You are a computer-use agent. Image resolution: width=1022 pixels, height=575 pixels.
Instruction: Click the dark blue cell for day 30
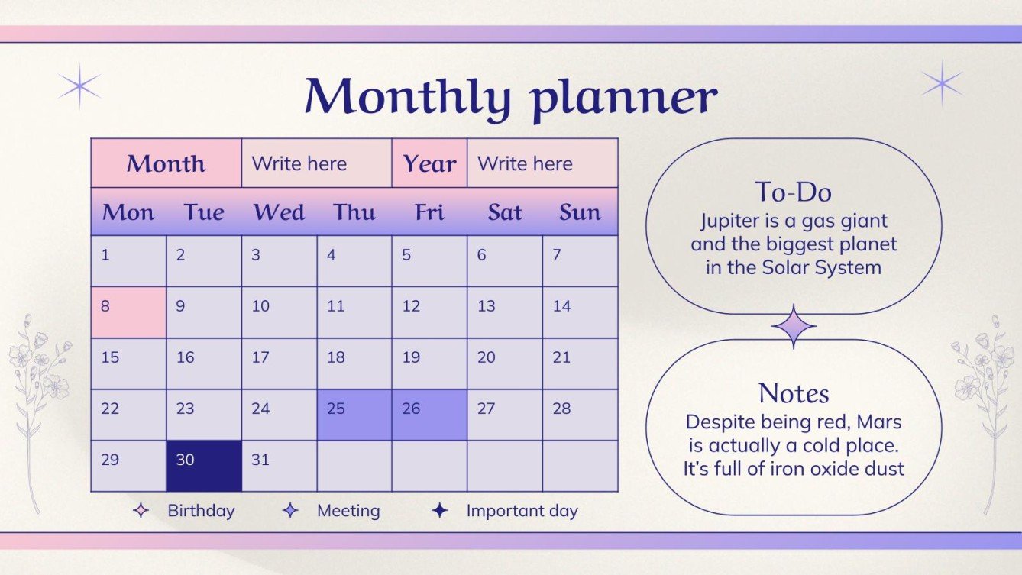204,466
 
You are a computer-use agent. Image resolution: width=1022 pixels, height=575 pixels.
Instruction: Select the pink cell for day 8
128,312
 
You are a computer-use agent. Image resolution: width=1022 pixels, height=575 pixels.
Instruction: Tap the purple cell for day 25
354,415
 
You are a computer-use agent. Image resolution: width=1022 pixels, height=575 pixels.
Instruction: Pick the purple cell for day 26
429,415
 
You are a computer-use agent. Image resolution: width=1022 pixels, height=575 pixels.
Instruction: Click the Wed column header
279,212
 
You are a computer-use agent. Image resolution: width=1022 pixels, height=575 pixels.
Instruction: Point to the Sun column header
580,212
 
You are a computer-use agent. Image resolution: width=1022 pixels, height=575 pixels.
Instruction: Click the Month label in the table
166,163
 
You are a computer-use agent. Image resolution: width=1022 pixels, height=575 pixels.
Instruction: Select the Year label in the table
429,163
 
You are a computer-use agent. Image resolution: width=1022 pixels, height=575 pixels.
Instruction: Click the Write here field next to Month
299,163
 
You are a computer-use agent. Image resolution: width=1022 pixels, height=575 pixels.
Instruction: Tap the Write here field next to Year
525,163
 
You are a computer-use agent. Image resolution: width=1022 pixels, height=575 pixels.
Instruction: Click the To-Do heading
793,191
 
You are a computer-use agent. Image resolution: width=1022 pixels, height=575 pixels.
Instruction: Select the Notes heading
794,393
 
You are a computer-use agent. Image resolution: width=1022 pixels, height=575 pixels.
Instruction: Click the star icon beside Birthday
141,511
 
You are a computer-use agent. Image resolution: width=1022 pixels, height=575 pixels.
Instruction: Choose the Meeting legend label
348,511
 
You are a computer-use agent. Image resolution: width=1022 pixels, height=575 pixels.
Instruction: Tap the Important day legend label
522,511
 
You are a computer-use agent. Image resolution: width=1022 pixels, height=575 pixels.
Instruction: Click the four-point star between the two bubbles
794,327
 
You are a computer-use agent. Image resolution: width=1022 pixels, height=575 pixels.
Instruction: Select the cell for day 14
580,312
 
